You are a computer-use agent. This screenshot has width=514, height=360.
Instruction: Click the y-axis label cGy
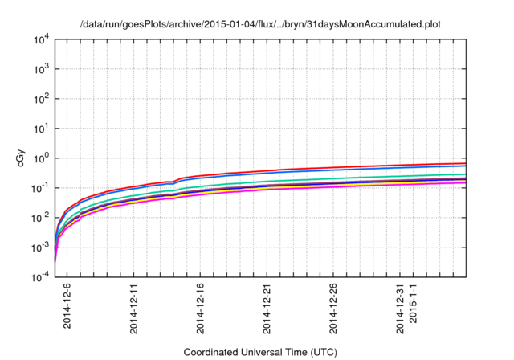point(22,158)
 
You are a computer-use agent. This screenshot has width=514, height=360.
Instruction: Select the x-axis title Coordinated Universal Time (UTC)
point(260,352)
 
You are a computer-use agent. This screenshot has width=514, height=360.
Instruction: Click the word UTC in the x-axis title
point(322,352)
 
